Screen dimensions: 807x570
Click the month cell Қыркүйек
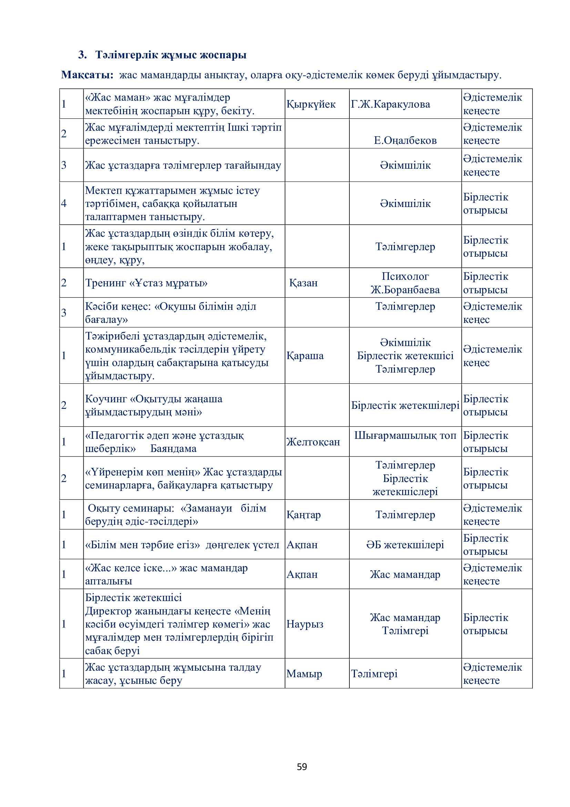(311, 104)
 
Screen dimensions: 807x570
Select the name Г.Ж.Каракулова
(390, 104)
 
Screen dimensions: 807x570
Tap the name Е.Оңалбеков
(405, 140)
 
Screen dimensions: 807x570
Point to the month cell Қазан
(303, 283)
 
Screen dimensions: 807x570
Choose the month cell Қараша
(305, 356)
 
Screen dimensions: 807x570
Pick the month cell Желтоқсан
(313, 442)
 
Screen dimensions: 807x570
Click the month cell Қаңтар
(304, 514)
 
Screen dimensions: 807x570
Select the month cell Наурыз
(305, 624)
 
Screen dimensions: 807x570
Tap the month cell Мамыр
(304, 673)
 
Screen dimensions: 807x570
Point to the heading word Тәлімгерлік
(127, 55)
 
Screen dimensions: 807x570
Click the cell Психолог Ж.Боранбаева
(405, 283)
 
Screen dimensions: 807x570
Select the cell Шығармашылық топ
(405, 435)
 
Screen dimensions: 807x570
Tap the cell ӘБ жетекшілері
(405, 544)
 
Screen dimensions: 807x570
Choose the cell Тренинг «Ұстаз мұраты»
(146, 283)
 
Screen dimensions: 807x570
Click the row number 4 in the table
(64, 203)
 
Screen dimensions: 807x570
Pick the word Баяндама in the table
(173, 449)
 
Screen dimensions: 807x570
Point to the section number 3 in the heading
(82, 55)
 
